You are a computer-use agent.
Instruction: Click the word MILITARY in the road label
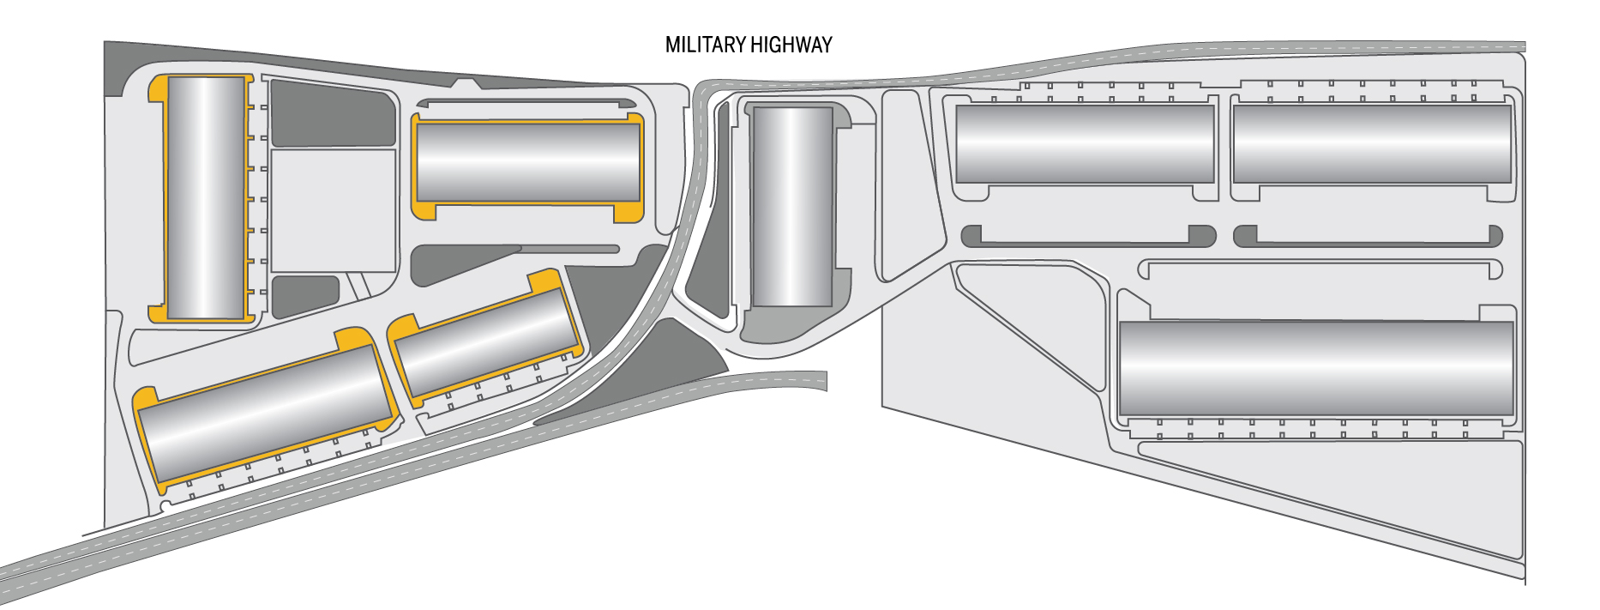pos(705,45)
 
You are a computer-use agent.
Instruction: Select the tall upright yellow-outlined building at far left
pos(206,198)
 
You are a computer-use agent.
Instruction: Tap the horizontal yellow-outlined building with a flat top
pos(527,163)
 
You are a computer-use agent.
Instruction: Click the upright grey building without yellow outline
pos(792,207)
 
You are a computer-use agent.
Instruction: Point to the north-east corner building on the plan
pos(1371,143)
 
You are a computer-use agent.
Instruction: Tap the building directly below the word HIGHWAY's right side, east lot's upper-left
pos(1085,143)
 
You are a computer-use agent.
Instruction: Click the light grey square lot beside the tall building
pos(333,210)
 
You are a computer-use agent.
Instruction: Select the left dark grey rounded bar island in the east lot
pos(1088,236)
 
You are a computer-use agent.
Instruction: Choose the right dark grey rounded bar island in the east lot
pos(1368,236)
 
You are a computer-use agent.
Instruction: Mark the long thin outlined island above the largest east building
pos(1320,269)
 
